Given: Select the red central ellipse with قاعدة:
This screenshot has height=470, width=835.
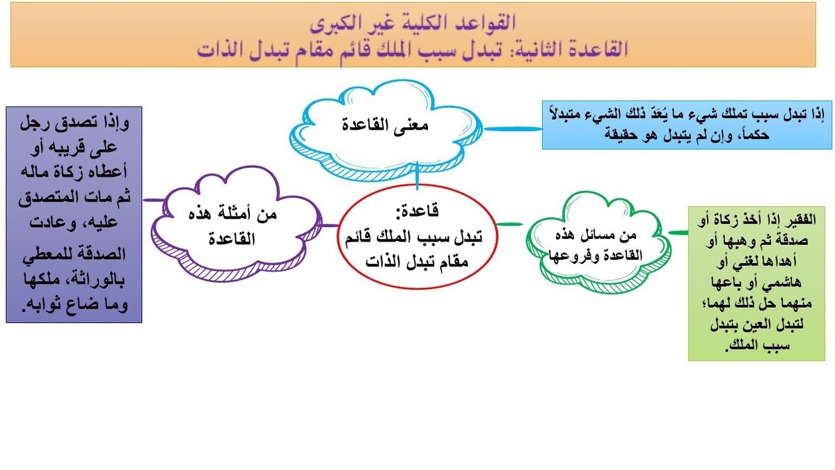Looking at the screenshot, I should point(417,237).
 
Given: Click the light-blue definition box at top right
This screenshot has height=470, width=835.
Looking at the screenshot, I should point(686,126).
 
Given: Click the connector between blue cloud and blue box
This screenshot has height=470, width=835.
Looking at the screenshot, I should point(515,128).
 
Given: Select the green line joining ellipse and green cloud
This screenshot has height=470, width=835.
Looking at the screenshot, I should point(511,224).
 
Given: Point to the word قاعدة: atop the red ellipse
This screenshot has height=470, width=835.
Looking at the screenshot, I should point(417,209).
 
